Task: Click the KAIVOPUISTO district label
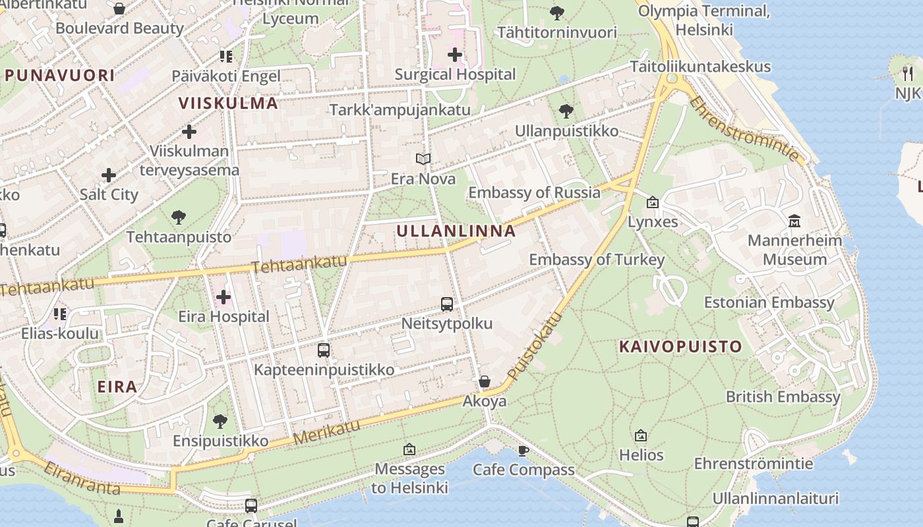click(680, 347)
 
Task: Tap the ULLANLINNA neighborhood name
click(456, 231)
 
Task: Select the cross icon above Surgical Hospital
click(455, 55)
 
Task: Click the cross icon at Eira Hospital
click(223, 297)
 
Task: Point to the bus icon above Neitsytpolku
click(447, 304)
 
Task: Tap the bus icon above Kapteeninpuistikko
click(323, 350)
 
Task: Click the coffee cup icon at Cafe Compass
click(523, 451)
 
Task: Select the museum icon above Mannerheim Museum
click(794, 221)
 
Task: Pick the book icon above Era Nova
click(423, 159)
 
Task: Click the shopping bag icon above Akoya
click(485, 381)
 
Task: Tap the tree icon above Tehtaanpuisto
click(178, 217)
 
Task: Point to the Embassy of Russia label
click(534, 192)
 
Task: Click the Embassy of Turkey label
click(597, 260)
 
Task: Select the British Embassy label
click(783, 397)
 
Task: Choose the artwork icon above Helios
click(641, 435)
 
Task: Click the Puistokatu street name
click(535, 347)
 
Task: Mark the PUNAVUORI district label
click(60, 75)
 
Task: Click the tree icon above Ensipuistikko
click(220, 421)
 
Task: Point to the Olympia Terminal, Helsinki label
click(704, 20)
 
